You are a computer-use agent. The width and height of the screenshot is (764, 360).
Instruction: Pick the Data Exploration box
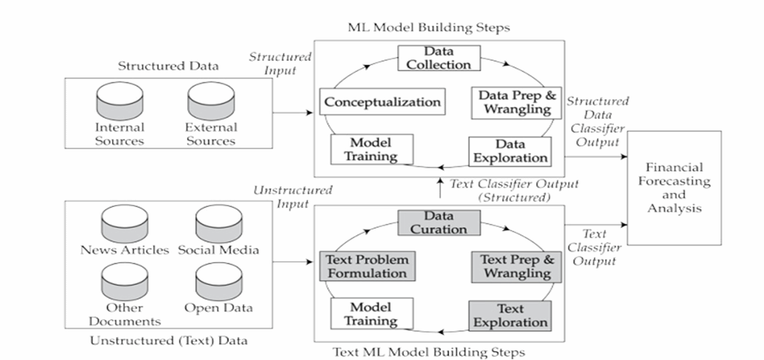[509, 151]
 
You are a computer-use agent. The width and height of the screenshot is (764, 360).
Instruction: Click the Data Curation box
[440, 223]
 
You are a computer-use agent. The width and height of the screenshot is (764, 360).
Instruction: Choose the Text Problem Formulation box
[367, 266]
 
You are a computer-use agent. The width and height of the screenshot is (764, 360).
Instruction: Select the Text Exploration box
[509, 315]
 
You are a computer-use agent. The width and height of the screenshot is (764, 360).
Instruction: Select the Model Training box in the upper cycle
[364, 148]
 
